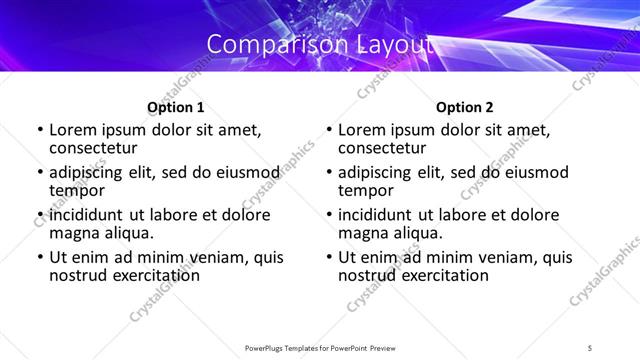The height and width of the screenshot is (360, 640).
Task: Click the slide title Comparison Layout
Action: coord(320,44)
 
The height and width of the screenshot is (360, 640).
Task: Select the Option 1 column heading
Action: coord(176,107)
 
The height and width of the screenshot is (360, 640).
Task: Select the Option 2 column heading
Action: coord(465,107)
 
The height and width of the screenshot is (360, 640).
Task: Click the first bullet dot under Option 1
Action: coord(39,130)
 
